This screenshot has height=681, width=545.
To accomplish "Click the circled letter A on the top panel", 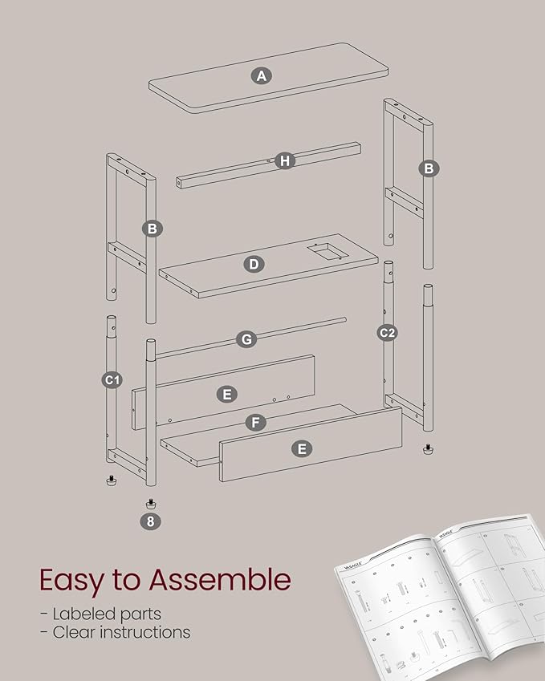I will (261, 76).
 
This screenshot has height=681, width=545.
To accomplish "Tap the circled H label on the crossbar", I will (284, 161).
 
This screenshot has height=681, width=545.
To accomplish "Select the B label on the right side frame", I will (429, 168).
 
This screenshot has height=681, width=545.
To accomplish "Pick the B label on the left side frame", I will (152, 229).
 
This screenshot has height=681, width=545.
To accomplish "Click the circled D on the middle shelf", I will (254, 264).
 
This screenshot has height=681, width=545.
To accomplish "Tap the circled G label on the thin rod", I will (246, 339).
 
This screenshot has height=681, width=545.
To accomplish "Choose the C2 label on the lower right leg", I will (388, 332).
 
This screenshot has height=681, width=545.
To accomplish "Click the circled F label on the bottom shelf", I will (254, 421).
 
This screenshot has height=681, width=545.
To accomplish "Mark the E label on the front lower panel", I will (302, 449).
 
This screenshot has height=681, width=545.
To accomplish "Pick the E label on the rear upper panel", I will (227, 394).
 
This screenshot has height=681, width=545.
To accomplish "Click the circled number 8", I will (150, 521).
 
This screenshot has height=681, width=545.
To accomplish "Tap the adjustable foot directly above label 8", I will (150, 503).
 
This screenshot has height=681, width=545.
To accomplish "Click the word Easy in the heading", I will (73, 578).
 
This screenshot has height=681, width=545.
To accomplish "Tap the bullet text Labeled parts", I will (100, 614).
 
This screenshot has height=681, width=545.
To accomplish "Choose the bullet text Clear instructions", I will (115, 632).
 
